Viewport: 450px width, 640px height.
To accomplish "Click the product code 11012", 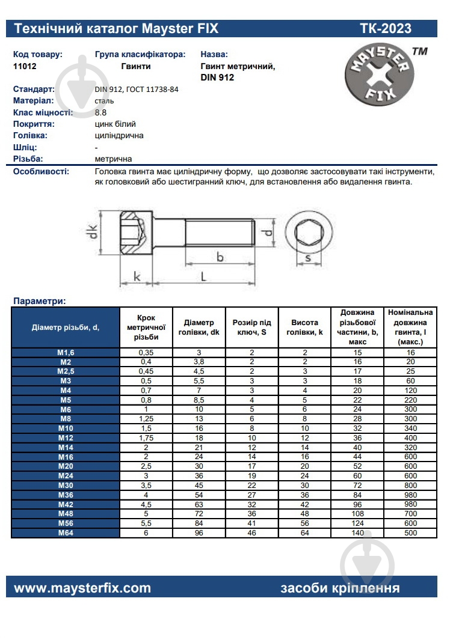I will pos(25,67).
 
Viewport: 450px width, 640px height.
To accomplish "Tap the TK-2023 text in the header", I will pos(386,28).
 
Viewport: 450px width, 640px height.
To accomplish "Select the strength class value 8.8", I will pos(100,112).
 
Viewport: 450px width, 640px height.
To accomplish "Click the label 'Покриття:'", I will pos(34,124).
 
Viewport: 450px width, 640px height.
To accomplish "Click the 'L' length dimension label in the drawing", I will pos(204,277).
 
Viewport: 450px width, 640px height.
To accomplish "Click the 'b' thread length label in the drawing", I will pos(220,257).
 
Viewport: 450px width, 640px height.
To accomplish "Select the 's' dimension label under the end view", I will pos(307,259).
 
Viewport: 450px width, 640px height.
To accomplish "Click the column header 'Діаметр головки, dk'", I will pos(199,327).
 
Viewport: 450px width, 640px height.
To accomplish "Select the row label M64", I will pos(66,532).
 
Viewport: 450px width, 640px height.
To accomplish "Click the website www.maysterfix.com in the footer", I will pos(82,588).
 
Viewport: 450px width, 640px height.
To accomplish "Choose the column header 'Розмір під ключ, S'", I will pos(251,327).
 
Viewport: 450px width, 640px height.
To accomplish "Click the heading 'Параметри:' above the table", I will pos(39,301).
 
